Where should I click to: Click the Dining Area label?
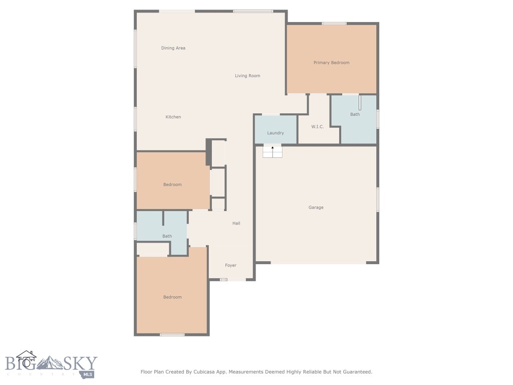[x=173, y=48]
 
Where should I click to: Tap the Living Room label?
[x=247, y=76]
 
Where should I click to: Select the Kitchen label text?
[x=173, y=117]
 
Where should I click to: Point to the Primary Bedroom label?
[x=331, y=63]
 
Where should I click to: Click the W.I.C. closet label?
[x=318, y=127]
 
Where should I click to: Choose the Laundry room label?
[x=276, y=133]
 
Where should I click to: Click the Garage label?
[x=316, y=207]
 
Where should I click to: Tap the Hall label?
[x=236, y=223]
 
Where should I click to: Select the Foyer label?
[x=230, y=265]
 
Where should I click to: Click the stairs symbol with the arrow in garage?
[x=273, y=151]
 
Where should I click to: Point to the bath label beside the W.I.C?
[x=355, y=114]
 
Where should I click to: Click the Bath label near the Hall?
[x=167, y=236]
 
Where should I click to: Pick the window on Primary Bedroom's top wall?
[x=334, y=23]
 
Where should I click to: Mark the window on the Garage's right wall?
[x=378, y=200]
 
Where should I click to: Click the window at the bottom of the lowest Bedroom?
[x=172, y=334]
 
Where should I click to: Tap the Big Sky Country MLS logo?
[x=50, y=364]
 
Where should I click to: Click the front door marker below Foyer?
[x=223, y=280]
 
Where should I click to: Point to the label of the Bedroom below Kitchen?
[x=172, y=184]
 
